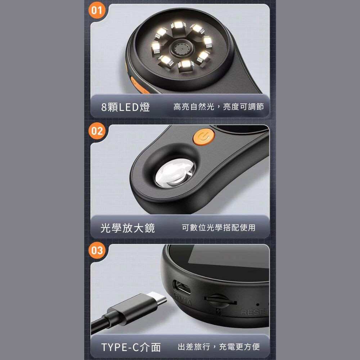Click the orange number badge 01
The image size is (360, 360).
(96, 10)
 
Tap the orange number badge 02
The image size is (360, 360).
(96, 131)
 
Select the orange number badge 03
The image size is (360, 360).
(96, 250)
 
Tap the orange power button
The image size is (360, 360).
(204, 137)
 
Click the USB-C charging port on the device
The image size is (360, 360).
(182, 287)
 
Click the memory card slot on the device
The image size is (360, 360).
(220, 300)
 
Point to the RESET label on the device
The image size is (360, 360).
(255, 312)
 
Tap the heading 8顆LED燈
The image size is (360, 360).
(125, 107)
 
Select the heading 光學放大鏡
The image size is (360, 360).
(128, 228)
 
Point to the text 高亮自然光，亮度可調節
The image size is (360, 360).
(219, 107)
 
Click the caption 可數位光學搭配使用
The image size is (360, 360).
(219, 228)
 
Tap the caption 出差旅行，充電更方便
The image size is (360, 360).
(219, 347)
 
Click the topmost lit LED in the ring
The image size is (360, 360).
(179, 25)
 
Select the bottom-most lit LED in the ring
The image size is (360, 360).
(185, 65)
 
